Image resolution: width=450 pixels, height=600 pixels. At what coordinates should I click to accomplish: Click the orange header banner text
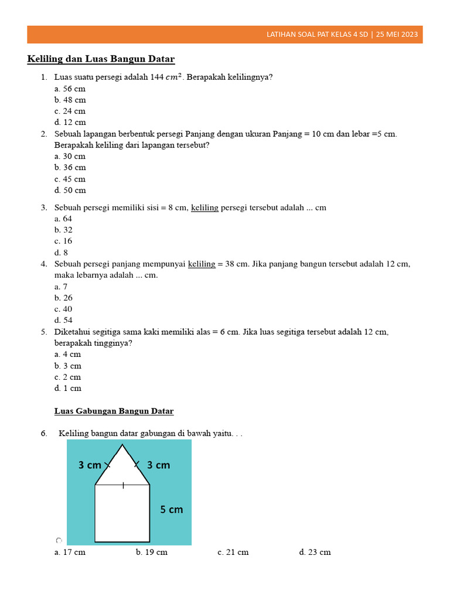point(342,35)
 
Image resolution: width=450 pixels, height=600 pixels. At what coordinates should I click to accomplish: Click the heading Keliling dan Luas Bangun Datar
point(101,59)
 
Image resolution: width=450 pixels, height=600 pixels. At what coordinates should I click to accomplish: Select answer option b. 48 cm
point(70,100)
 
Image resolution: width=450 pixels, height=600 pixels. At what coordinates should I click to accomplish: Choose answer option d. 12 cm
point(70,122)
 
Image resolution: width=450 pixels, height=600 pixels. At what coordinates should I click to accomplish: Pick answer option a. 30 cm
point(70,156)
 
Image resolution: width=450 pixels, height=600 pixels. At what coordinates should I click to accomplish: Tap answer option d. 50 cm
point(70,190)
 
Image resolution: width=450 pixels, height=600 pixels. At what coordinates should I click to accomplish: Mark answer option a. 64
point(63,219)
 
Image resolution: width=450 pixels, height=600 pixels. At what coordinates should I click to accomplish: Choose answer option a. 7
point(61,287)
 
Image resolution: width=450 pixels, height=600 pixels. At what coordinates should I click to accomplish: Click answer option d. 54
point(63,321)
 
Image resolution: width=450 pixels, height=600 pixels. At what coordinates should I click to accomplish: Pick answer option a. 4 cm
point(68,354)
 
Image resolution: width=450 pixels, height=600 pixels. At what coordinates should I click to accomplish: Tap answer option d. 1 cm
point(68,388)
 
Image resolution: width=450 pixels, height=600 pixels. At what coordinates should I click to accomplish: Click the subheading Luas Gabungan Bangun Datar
point(114,411)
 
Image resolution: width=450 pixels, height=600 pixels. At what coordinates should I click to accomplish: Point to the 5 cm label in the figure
point(172,510)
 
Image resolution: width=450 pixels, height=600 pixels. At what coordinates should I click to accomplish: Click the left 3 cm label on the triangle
point(90,465)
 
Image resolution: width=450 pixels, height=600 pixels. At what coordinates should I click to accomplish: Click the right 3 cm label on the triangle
point(158,465)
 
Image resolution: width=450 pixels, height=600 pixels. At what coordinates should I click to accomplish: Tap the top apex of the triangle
point(122,445)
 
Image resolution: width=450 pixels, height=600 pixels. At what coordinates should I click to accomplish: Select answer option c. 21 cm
point(233,553)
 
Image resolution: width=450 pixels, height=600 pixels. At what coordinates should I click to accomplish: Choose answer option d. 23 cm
point(315,553)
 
